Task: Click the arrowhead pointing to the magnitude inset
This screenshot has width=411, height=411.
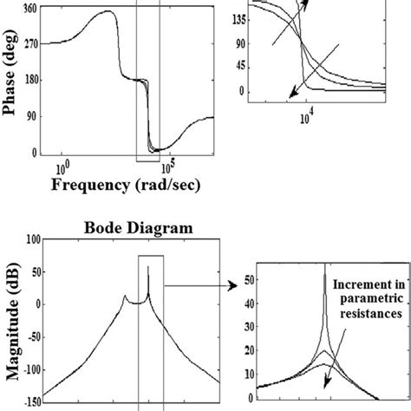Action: click(x=232, y=284)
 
